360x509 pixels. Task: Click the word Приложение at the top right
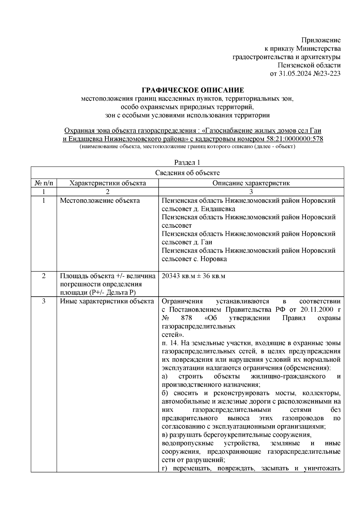click(321, 40)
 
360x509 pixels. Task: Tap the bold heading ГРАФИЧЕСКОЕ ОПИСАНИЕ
click(193, 90)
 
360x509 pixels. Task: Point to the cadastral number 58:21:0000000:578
click(294, 139)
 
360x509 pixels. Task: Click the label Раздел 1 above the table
click(187, 163)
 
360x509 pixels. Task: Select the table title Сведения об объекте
click(187, 173)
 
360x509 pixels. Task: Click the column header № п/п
click(44, 183)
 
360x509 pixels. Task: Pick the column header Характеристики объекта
click(108, 183)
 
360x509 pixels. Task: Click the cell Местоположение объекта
click(100, 201)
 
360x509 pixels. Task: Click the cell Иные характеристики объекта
click(107, 301)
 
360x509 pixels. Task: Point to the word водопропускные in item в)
click(187, 444)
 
